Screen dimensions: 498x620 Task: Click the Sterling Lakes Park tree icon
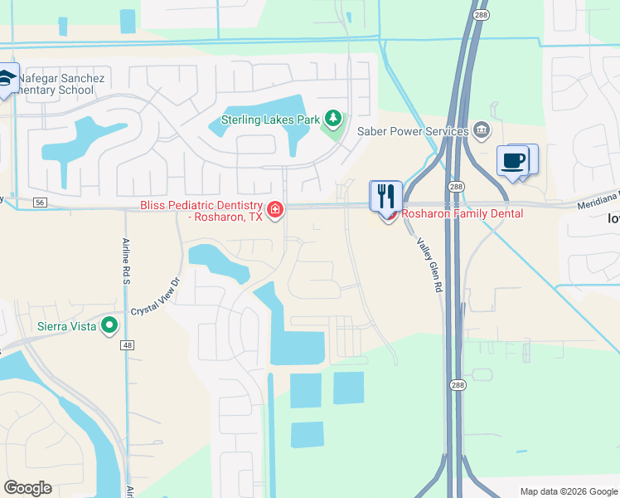(x=333, y=120)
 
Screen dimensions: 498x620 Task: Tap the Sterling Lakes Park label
(x=270, y=120)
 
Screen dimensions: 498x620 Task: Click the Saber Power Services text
(x=413, y=131)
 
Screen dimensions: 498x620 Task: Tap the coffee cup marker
(x=515, y=160)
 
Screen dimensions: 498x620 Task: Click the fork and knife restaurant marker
(x=385, y=196)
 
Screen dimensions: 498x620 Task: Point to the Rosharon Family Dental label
(x=463, y=213)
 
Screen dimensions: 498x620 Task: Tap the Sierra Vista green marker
(x=109, y=326)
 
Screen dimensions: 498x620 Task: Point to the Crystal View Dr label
(x=155, y=295)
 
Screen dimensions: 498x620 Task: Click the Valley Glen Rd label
(x=429, y=266)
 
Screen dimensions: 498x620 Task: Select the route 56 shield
(x=40, y=202)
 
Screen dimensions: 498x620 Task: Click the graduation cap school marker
(x=7, y=79)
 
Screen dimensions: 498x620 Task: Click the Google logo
(x=27, y=488)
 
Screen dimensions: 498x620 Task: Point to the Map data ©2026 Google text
(x=568, y=491)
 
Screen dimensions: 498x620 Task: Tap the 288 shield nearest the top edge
(x=481, y=14)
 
